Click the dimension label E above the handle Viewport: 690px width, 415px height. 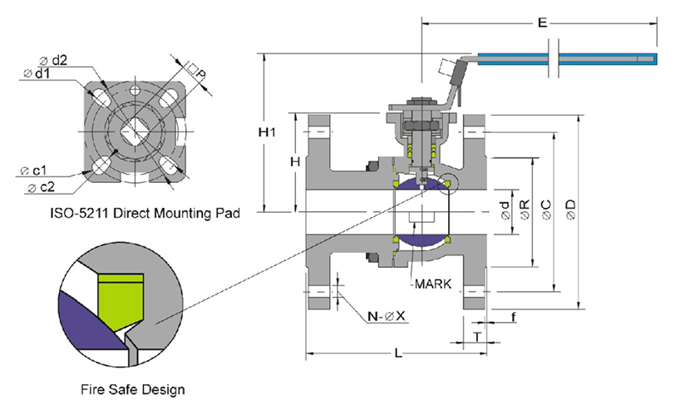(541, 24)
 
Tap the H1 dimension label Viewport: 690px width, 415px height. (265, 133)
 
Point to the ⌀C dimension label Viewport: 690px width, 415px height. (546, 208)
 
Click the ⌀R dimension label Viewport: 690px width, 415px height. (524, 209)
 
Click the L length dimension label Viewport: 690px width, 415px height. (398, 355)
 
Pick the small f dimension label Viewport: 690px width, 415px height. (514, 318)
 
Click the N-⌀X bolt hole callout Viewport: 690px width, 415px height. (386, 316)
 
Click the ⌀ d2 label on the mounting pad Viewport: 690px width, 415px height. (53, 59)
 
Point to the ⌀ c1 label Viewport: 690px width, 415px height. (33, 170)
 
